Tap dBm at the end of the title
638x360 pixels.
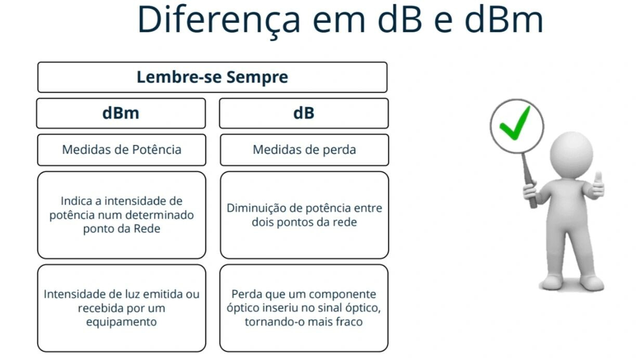pos(503,19)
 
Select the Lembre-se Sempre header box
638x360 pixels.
pos(213,77)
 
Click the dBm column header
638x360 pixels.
pos(121,113)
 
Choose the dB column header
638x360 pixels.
pos(304,113)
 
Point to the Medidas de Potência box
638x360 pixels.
pos(122,150)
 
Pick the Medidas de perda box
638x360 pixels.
pos(305,150)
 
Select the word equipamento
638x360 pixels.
pos(121,322)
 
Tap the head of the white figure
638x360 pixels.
pos(571,156)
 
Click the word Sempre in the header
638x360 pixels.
pos(257,77)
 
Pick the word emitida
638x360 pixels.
pos(163,294)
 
